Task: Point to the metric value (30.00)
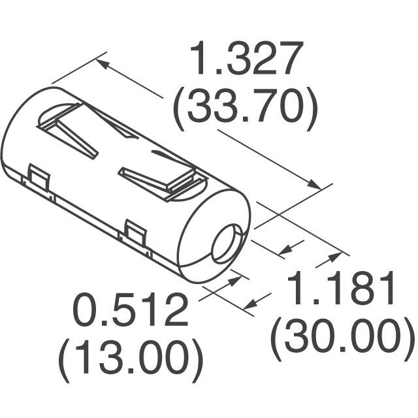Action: [343, 336]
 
